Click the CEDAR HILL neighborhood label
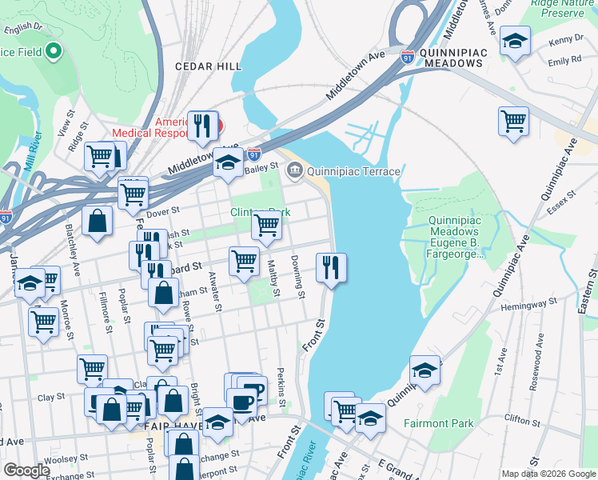[x=208, y=66]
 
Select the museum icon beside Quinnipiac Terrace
[x=295, y=170]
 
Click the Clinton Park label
[x=260, y=212]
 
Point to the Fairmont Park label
[x=438, y=423]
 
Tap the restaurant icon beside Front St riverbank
[x=331, y=268]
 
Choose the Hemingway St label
[x=528, y=306]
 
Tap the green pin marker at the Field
[x=54, y=53]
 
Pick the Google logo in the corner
[x=26, y=470]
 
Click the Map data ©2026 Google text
[x=548, y=474]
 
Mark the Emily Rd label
[x=564, y=61]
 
